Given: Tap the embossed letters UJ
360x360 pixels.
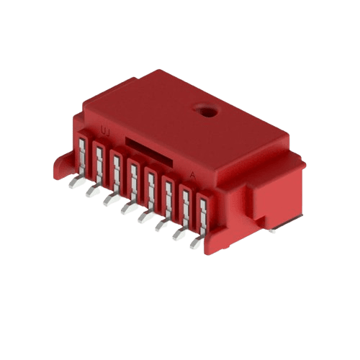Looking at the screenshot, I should pos(105,131).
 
